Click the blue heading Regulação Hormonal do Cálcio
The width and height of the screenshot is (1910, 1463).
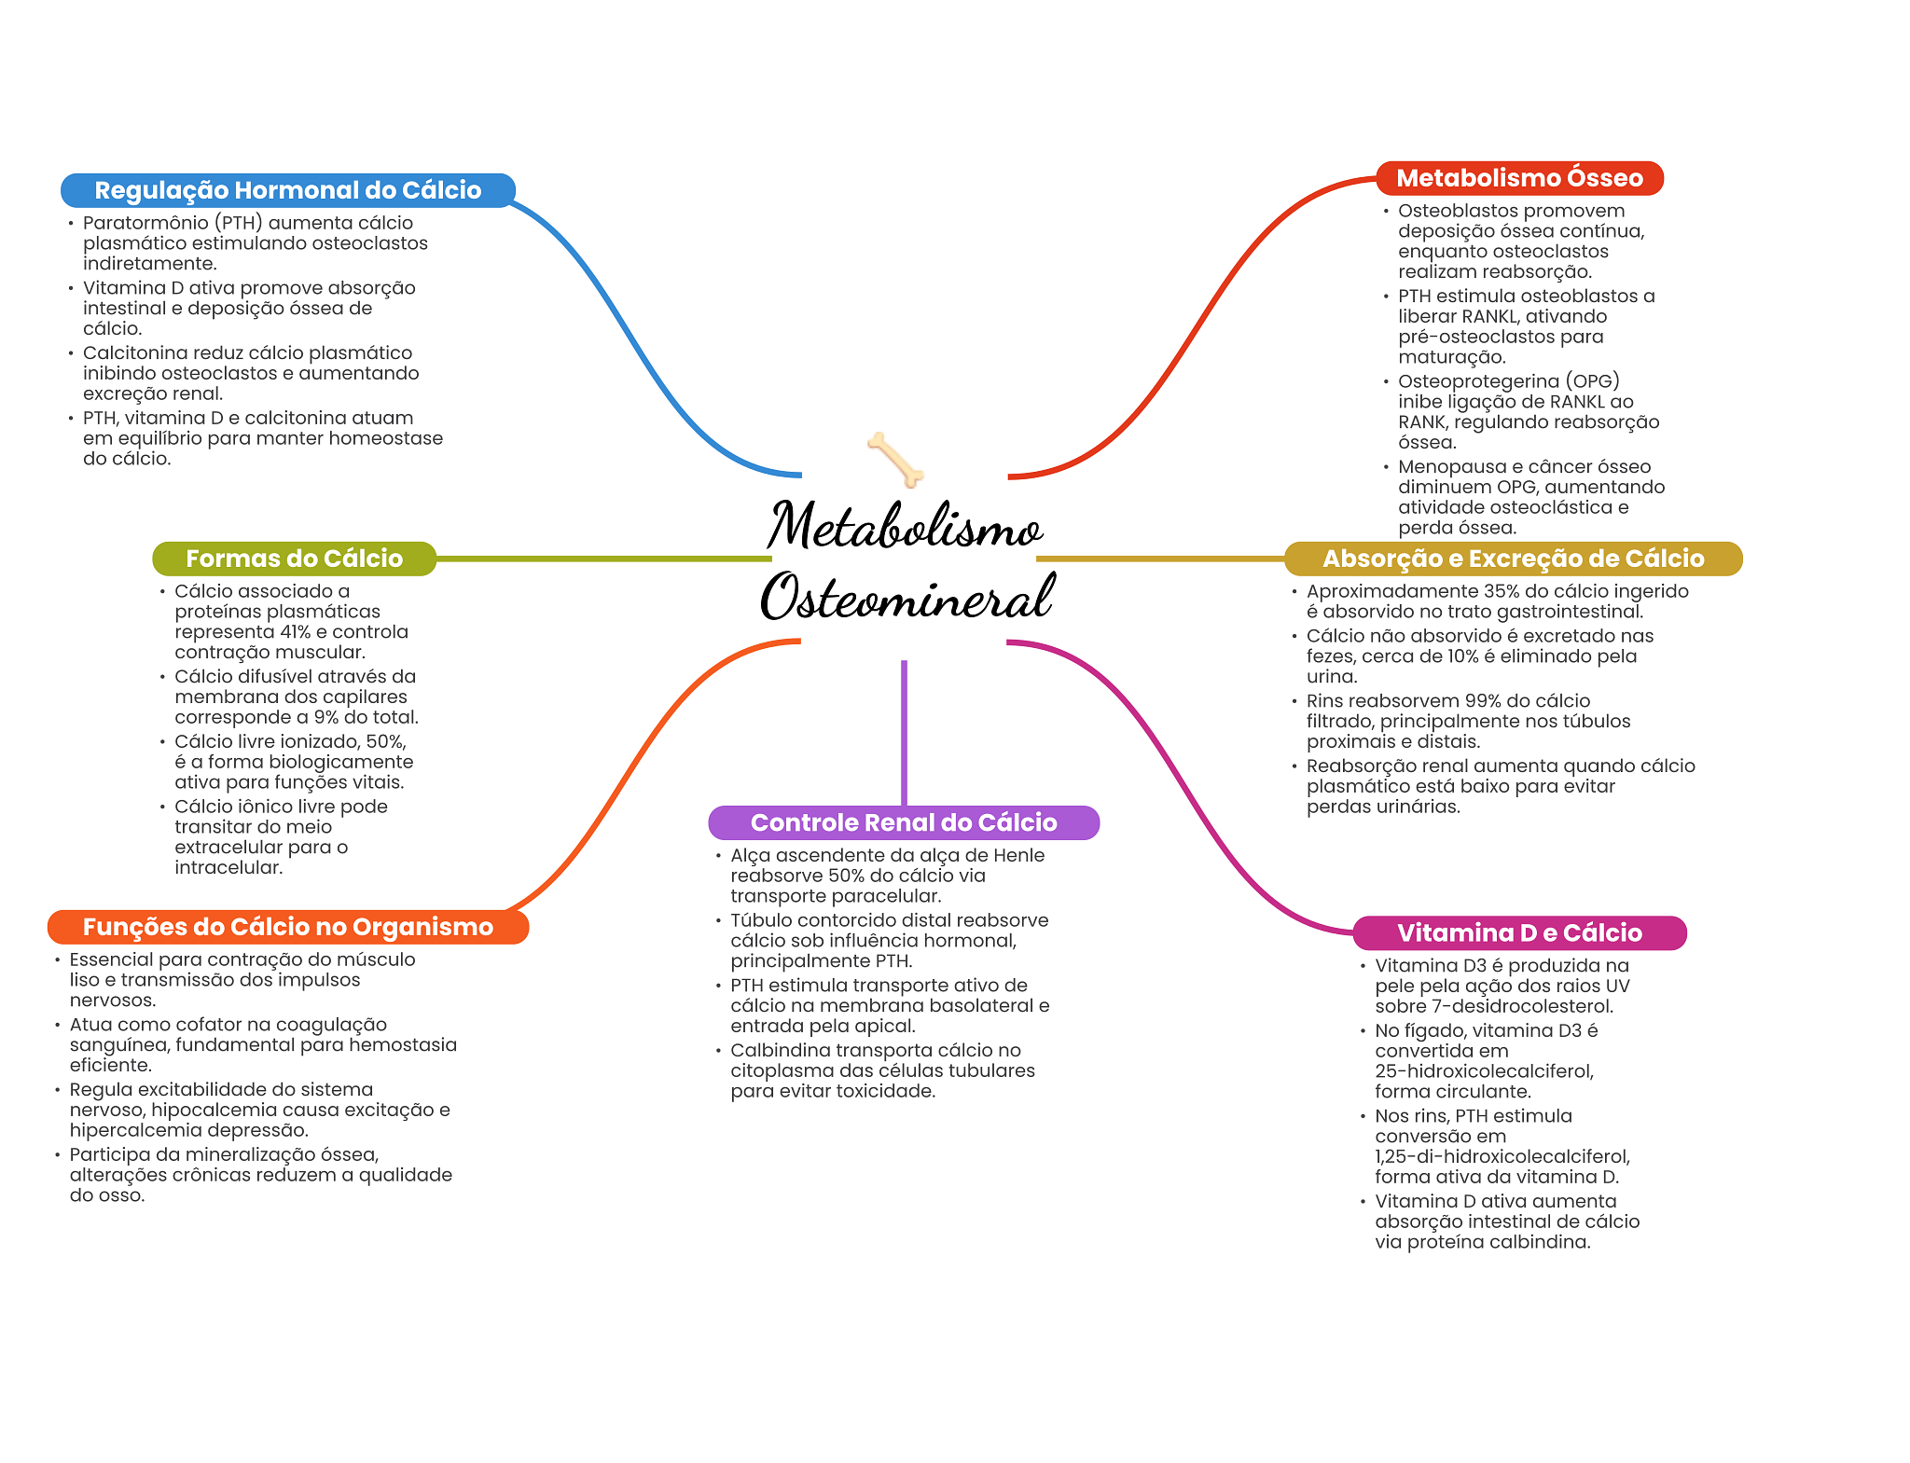[288, 190]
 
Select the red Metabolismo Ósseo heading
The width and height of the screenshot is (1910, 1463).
[1519, 178]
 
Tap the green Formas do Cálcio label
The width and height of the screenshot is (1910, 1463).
[294, 559]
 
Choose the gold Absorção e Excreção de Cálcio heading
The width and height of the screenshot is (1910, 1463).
[1513, 559]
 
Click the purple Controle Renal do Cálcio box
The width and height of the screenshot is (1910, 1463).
[904, 822]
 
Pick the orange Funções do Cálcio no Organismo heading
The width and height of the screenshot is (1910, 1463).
[288, 927]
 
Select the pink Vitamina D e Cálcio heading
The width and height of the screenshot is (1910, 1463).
[1519, 932]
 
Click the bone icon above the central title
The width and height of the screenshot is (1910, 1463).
[895, 459]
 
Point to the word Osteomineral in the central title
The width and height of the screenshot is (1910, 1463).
[907, 597]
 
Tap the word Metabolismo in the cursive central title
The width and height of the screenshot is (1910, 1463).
[905, 525]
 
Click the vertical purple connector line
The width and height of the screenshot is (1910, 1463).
[904, 733]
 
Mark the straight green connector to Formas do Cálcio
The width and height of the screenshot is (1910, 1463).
[603, 559]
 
